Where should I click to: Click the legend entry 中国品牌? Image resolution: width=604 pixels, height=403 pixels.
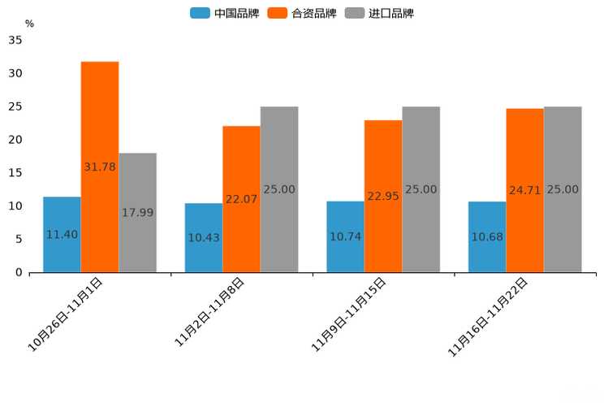(225, 13)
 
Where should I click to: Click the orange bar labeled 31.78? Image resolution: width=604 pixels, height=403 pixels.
(100, 167)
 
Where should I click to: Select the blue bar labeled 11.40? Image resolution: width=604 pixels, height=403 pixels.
(62, 234)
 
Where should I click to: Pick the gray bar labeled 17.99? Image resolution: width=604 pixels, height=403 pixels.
(137, 212)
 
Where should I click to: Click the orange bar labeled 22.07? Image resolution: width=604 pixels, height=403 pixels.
(241, 199)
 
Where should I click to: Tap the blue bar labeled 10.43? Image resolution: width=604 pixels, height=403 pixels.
(204, 237)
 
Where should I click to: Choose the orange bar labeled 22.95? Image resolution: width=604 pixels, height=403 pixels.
(383, 196)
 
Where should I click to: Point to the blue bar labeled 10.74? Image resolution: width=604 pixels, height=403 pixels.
(345, 236)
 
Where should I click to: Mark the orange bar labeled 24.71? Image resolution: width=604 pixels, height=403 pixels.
(524, 190)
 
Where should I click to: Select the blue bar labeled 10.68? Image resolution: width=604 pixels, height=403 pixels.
(487, 236)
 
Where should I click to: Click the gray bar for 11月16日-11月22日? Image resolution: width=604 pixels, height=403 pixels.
(563, 189)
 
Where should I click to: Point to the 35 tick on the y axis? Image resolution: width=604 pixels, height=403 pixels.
(15, 40)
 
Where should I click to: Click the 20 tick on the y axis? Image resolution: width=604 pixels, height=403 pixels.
(15, 140)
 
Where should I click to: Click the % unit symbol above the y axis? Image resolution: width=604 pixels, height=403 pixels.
(29, 24)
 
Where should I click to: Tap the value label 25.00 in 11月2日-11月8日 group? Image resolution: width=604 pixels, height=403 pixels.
(279, 189)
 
